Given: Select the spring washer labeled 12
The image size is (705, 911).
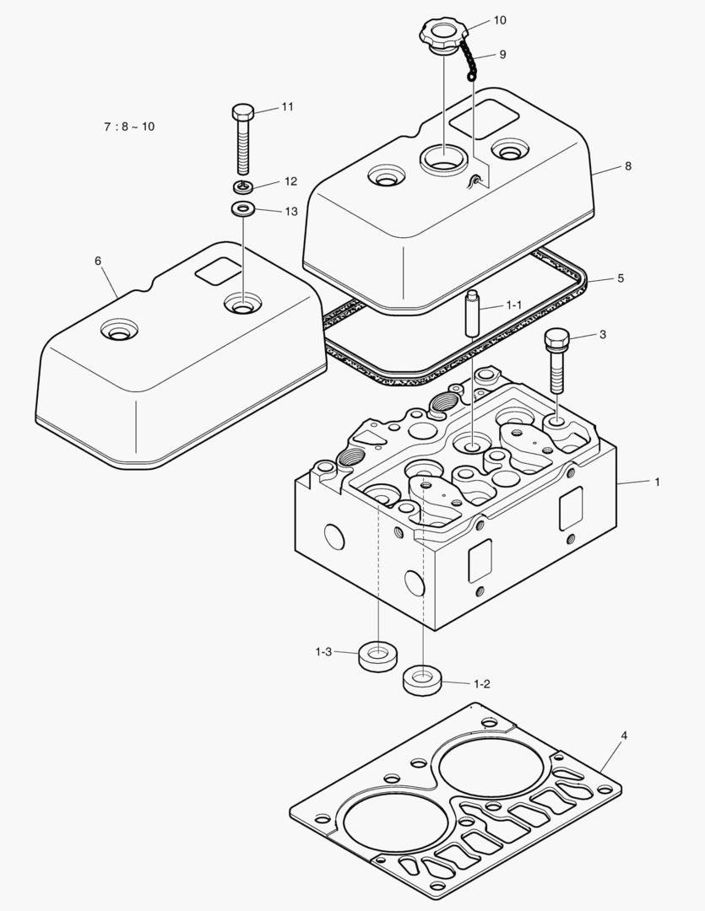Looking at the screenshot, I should tap(243, 186).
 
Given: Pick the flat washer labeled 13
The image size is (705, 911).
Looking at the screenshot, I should tap(243, 208).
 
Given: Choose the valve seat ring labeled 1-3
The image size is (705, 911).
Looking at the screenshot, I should tap(378, 655).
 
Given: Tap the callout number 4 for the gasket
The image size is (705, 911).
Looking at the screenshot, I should tap(624, 736).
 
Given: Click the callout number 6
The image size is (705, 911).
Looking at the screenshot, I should tap(98, 261).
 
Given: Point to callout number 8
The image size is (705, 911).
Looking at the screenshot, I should tap(627, 166).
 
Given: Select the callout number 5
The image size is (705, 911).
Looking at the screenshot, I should tap(621, 278).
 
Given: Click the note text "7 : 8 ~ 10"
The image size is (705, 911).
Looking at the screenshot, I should tap(129, 127).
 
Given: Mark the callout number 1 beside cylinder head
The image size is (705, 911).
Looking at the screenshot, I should tap(657, 482).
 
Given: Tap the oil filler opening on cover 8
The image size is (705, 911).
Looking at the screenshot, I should tap(442, 157).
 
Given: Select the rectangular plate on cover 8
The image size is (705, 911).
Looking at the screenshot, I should tap(484, 117).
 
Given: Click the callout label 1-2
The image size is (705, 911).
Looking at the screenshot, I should tap(482, 683).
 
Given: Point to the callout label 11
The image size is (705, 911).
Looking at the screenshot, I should tap(287, 106).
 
